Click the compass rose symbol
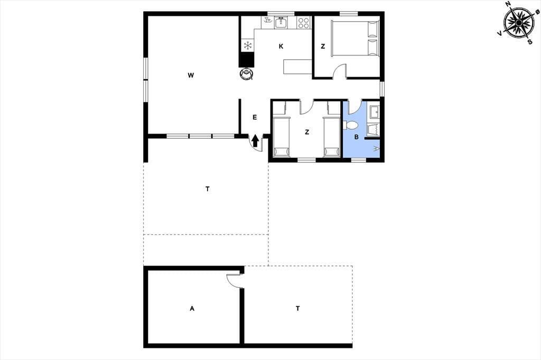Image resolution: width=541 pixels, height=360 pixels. tap(519, 23)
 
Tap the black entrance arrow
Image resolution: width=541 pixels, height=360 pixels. tap(255, 141)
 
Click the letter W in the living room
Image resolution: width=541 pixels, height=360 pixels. tap(191, 75)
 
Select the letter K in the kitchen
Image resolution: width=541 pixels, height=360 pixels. tap(281, 46)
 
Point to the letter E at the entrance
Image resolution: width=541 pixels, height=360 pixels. tap(255, 117)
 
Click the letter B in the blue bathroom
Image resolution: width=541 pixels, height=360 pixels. tap(357, 137)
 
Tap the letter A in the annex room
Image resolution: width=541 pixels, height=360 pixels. tap(192, 308)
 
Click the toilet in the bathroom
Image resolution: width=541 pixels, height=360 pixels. tap(350, 125)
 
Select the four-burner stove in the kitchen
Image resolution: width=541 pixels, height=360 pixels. tap(304, 23)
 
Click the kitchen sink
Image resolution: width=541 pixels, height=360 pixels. tap(281, 23)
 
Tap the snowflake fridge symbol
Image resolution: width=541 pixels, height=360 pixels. tap(247, 45)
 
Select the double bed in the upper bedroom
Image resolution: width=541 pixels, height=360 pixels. tap(355, 38)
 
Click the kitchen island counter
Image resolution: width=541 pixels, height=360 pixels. tap(298, 67)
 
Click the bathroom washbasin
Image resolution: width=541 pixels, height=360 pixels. tap(375, 111)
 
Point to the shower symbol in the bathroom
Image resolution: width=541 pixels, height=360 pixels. tap(376, 149)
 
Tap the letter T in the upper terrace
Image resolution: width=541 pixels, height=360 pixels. tap(207, 189)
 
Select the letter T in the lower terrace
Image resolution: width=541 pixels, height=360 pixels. tap(297, 308)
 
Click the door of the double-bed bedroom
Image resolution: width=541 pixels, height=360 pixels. tap(340, 71)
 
